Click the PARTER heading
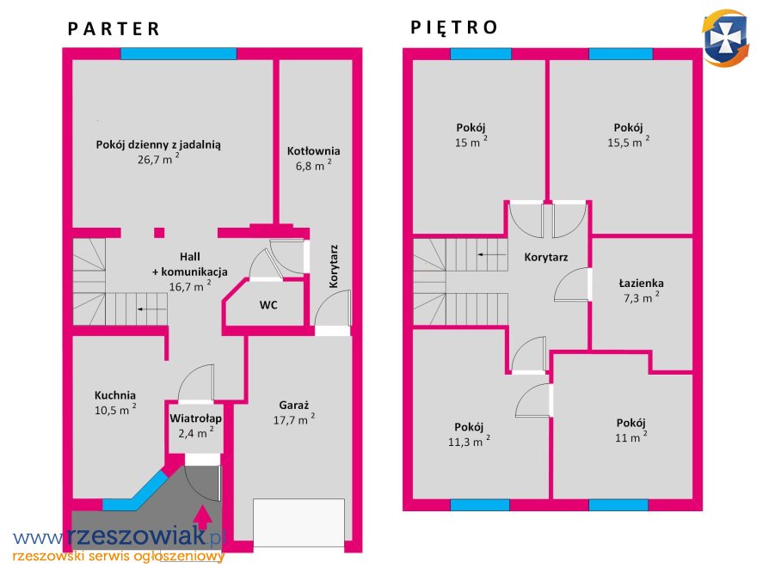click(114, 29)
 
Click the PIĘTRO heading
click(454, 27)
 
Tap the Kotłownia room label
click(313, 151)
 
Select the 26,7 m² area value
click(158, 159)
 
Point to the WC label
click(268, 305)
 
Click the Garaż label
click(294, 405)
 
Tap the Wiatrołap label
click(195, 418)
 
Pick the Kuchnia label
click(115, 395)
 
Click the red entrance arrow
click(203, 516)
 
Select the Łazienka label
click(642, 284)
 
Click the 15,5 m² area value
click(628, 142)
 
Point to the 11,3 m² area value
click(469, 441)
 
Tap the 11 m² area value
click(631, 437)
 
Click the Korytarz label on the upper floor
click(546, 257)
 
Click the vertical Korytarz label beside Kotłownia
click(334, 266)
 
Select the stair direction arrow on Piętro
click(492, 254)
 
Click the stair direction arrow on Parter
click(152, 309)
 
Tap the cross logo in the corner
click(725, 38)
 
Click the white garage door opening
click(298, 522)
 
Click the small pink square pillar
click(159, 233)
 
